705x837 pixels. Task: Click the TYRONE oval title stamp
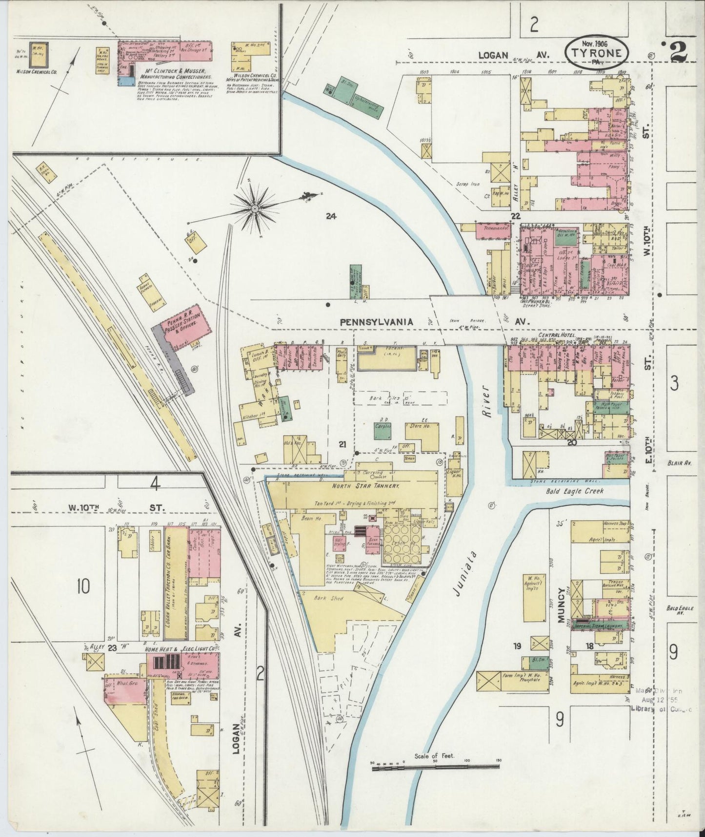coord(597,53)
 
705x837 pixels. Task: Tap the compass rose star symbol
coord(254,209)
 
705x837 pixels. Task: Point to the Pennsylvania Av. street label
coord(377,322)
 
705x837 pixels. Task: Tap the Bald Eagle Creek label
coord(577,491)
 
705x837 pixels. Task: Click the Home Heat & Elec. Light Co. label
coord(180,649)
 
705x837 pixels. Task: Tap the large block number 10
coord(83,586)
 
